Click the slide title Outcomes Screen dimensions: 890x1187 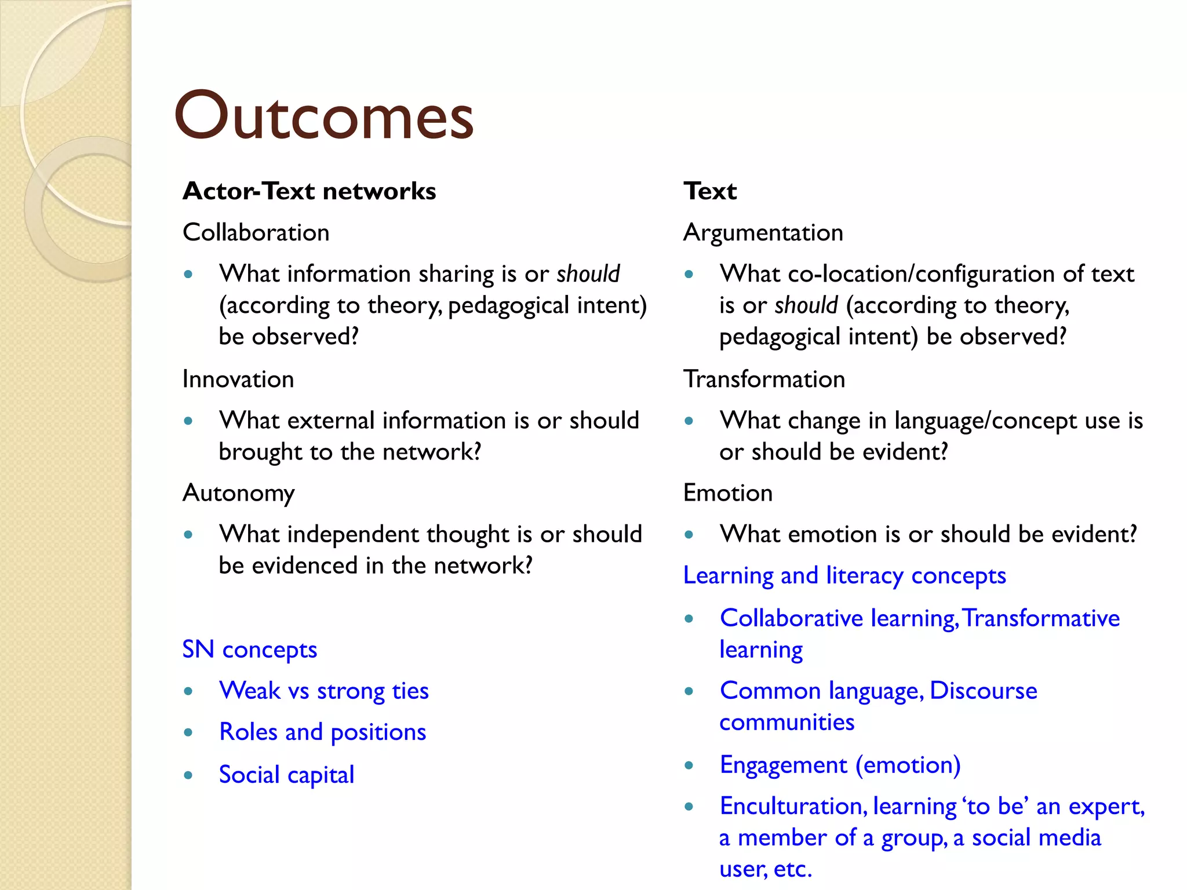click(323, 116)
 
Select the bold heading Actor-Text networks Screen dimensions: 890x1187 click(309, 191)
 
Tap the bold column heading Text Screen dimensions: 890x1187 click(710, 191)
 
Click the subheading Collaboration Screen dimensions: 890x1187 click(256, 233)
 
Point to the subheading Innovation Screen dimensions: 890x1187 click(238, 380)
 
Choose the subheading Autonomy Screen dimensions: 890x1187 click(238, 493)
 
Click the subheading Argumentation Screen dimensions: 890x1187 click(763, 233)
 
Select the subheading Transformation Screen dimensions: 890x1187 click(764, 380)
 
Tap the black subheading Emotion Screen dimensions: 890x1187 click(727, 493)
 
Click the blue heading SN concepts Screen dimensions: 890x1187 click(249, 650)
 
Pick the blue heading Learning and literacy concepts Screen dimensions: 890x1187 click(844, 576)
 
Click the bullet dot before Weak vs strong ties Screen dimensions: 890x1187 click(188, 691)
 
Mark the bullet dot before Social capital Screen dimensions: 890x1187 click(188, 775)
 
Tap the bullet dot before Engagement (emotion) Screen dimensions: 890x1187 click(689, 765)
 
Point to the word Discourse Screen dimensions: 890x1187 click(983, 691)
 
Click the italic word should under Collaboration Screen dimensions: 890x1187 click(588, 274)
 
